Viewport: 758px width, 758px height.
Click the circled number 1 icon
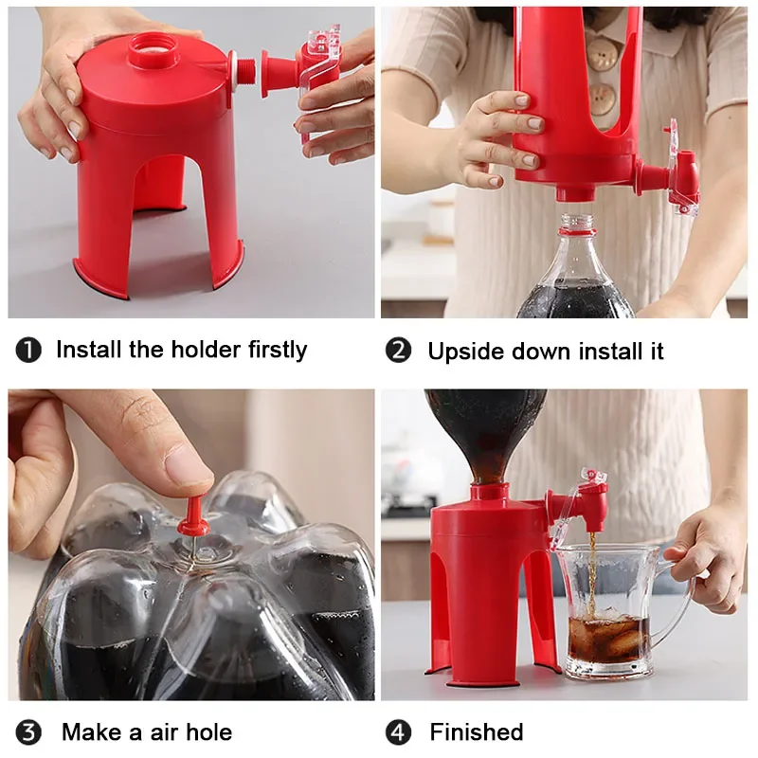28,351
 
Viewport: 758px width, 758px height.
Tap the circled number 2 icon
399,351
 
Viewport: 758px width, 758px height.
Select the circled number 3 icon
28,732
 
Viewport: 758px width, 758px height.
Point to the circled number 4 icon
399,732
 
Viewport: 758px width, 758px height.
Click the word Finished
476,732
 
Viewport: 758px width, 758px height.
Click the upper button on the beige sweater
601,55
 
